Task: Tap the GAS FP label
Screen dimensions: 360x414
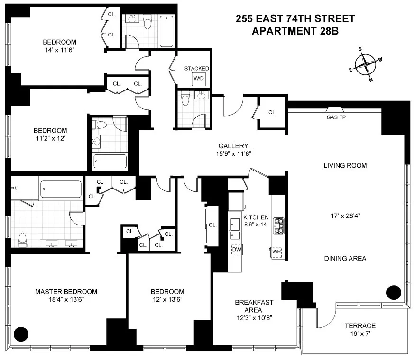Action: point(335,117)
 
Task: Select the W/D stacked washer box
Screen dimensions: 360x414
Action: point(198,79)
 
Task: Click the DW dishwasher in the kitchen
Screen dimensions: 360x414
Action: point(236,249)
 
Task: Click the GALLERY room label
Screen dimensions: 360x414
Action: point(233,146)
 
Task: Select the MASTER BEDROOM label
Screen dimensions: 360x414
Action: point(66,292)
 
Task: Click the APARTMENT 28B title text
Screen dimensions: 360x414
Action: point(295,31)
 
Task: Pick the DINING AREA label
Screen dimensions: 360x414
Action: point(345,259)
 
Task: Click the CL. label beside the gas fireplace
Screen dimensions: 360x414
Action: point(272,113)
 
